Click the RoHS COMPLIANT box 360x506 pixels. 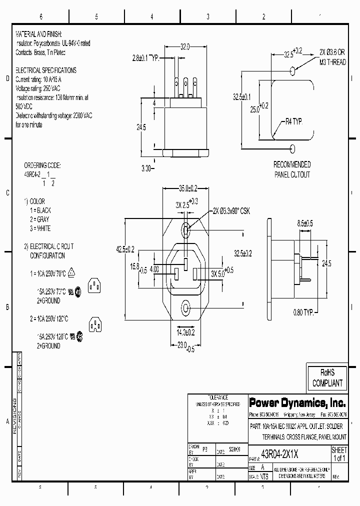pyautogui.click(x=327, y=378)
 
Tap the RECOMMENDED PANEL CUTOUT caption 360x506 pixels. pyautogui.click(x=291, y=169)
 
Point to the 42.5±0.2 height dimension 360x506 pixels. pyautogui.click(x=125, y=249)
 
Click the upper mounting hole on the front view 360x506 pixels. pyautogui.click(x=185, y=230)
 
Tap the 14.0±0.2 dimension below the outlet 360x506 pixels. pyautogui.click(x=185, y=331)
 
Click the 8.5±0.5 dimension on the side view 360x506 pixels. pyautogui.click(x=305, y=223)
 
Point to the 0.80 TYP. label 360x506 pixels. pyautogui.click(x=303, y=312)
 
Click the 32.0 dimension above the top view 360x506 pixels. pyautogui.click(x=185, y=47)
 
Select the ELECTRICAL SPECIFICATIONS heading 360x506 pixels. pyautogui.click(x=46, y=70)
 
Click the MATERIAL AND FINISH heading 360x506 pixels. pyautogui.click(x=38, y=34)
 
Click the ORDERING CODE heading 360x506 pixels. pyautogui.click(x=42, y=165)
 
